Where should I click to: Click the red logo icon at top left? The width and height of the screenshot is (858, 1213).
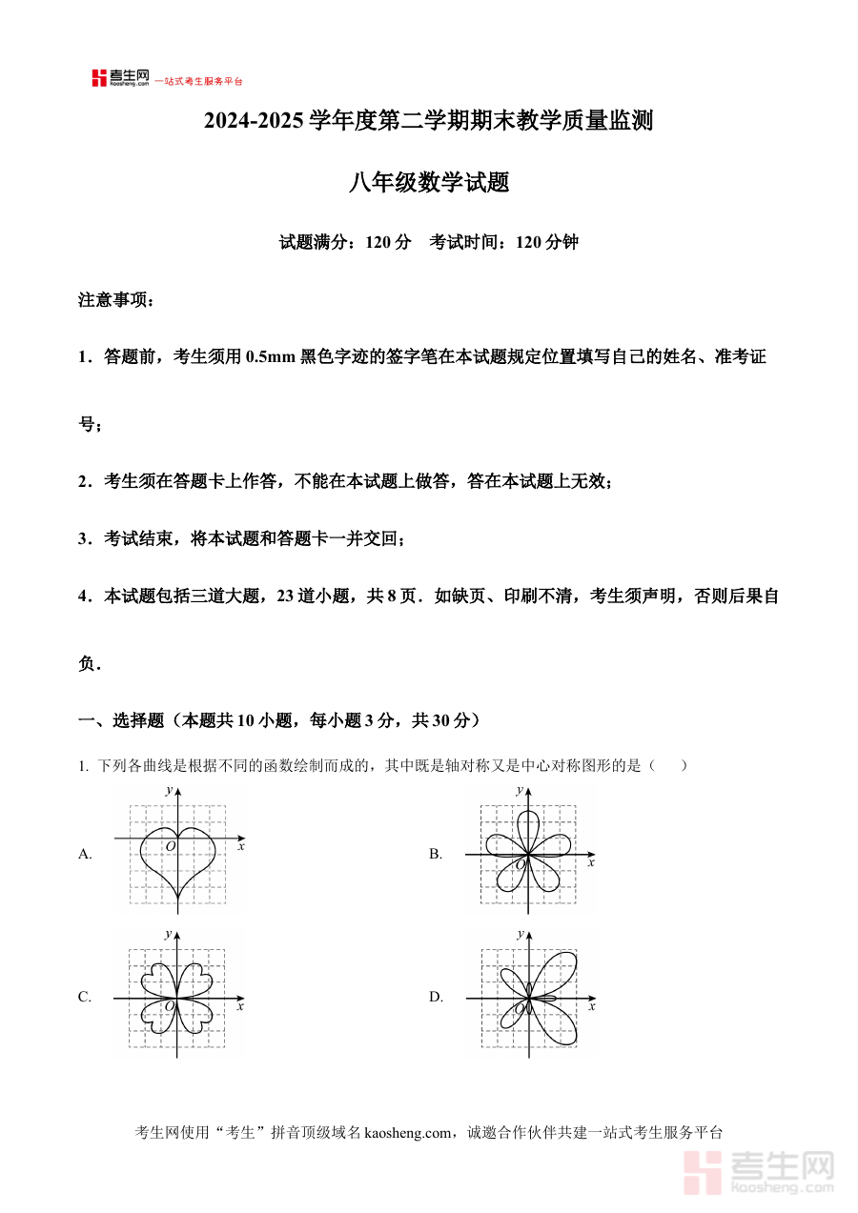pyautogui.click(x=99, y=78)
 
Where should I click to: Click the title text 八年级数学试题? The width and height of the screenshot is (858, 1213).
pyautogui.click(x=428, y=182)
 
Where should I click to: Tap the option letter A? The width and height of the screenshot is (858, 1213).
pyautogui.click(x=85, y=854)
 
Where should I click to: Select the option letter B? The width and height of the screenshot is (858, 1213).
pyautogui.click(x=435, y=854)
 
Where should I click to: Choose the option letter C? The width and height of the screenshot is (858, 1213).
pyautogui.click(x=85, y=997)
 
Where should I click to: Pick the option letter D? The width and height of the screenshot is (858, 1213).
pyautogui.click(x=436, y=997)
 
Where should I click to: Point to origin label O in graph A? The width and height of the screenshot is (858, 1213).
pyautogui.click(x=170, y=846)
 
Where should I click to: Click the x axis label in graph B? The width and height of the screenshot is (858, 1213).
pyautogui.click(x=591, y=862)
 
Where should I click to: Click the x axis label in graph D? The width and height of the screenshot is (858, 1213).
pyautogui.click(x=591, y=1005)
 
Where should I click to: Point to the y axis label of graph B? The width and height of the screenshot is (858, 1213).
pyautogui.click(x=520, y=790)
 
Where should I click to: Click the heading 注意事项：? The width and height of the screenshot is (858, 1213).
pyautogui.click(x=115, y=300)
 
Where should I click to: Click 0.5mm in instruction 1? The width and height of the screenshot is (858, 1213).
pyautogui.click(x=270, y=357)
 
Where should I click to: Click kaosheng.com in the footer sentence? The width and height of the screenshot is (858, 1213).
pyautogui.click(x=407, y=1132)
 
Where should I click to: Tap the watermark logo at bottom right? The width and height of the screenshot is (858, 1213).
pyautogui.click(x=759, y=1171)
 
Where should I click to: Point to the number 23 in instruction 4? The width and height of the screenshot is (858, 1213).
pyautogui.click(x=285, y=596)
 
